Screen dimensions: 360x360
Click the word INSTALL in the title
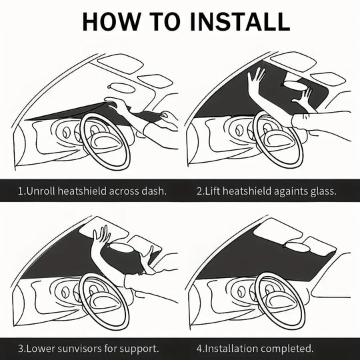pos(240,21)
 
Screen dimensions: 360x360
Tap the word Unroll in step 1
pos(41,191)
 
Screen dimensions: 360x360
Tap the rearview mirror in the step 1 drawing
pos(121,88)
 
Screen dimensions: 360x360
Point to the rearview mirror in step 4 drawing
pos(296,247)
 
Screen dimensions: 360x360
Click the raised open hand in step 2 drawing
pos(255,80)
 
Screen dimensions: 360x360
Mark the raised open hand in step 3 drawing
pos(101,238)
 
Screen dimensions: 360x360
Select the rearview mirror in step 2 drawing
pos(295,85)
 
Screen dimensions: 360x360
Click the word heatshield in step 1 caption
pos(82,191)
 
